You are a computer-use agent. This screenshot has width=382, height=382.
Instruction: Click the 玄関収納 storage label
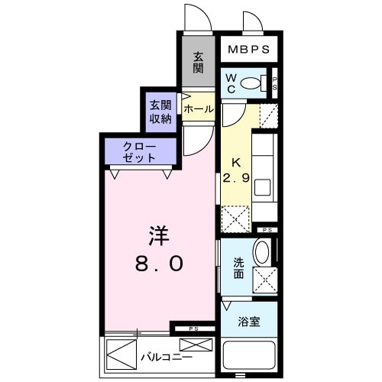coord(160,112)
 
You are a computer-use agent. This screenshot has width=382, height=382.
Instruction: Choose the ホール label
coord(198,110)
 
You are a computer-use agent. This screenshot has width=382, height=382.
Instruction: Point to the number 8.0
coord(158,264)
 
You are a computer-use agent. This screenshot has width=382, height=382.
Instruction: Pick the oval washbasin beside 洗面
coord(261,253)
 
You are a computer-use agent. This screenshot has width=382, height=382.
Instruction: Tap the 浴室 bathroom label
coord(249,322)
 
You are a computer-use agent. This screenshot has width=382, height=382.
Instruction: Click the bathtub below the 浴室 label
coord(249,357)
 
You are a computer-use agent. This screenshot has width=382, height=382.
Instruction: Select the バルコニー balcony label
coord(166,357)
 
